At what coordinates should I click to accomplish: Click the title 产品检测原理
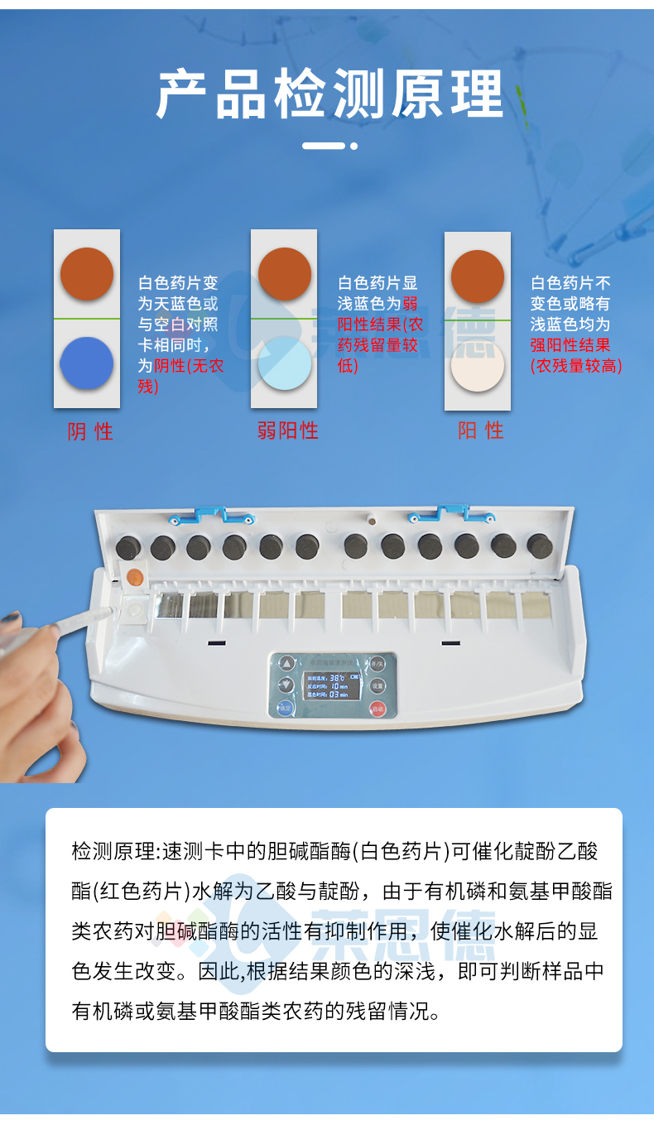pyautogui.click(x=329, y=95)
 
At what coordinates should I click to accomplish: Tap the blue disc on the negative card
pyautogui.click(x=86, y=363)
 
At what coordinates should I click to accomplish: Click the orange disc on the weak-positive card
pyautogui.click(x=284, y=274)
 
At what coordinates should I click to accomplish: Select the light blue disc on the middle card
pyautogui.click(x=284, y=363)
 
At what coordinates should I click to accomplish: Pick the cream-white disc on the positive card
pyautogui.click(x=478, y=367)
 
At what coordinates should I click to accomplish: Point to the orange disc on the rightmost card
pyautogui.click(x=478, y=276)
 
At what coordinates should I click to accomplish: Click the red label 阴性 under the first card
pyautogui.click(x=89, y=431)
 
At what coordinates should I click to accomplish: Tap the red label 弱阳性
pyautogui.click(x=287, y=430)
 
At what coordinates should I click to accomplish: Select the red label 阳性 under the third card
pyautogui.click(x=480, y=430)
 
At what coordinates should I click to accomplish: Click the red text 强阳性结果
pyautogui.click(x=570, y=345)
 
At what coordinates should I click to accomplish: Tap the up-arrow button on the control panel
pyautogui.click(x=286, y=663)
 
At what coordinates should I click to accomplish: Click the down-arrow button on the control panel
pyautogui.click(x=286, y=685)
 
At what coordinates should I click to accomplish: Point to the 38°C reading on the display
pyautogui.click(x=337, y=676)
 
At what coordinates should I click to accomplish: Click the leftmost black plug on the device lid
pyautogui.click(x=127, y=546)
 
